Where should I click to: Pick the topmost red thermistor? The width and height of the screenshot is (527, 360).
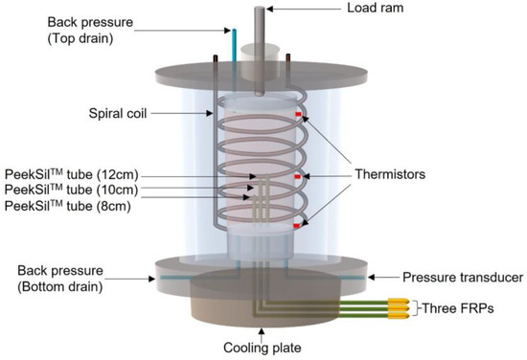[x=298, y=116]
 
